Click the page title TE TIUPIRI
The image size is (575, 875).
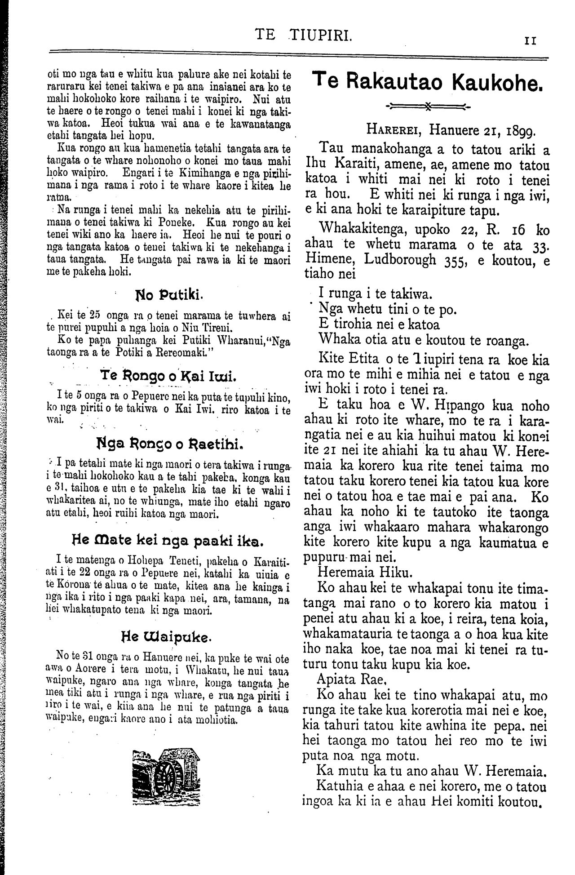pyautogui.click(x=302, y=35)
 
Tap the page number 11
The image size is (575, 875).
pyautogui.click(x=531, y=40)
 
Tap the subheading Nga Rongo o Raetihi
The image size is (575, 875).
pyautogui.click(x=169, y=445)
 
